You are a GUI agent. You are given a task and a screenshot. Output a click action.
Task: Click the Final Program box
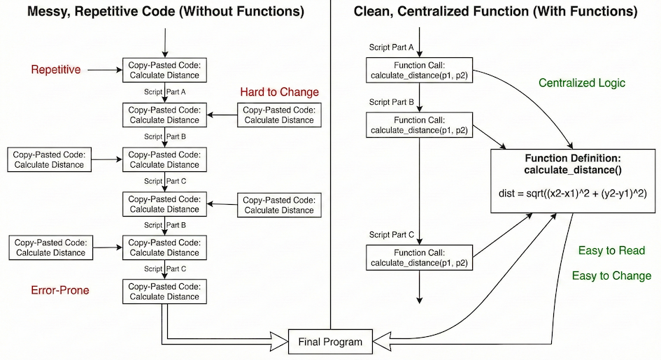point(330,342)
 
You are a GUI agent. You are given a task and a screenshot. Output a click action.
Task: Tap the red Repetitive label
point(56,70)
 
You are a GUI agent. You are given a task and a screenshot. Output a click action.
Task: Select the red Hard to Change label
point(279,92)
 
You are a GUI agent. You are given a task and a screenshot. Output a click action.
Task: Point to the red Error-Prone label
point(60,290)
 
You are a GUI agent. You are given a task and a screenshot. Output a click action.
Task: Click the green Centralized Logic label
point(582,83)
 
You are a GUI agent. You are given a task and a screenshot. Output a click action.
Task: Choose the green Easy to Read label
point(611,251)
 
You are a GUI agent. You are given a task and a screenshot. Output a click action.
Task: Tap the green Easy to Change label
point(611,276)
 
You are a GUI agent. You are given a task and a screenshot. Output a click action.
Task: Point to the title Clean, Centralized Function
point(495,12)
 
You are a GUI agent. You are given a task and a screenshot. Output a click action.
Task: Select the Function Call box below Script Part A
point(419,70)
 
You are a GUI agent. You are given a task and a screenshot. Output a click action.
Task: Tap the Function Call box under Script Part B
point(419,125)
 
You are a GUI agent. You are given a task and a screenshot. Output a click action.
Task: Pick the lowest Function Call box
point(419,258)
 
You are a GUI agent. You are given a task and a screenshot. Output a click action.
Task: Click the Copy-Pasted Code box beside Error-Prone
point(164,291)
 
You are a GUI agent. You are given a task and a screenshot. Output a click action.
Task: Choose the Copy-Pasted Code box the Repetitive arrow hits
point(164,70)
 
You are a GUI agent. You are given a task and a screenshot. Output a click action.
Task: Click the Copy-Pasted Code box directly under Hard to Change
point(279,115)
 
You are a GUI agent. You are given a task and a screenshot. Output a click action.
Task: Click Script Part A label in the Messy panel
point(164,92)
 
